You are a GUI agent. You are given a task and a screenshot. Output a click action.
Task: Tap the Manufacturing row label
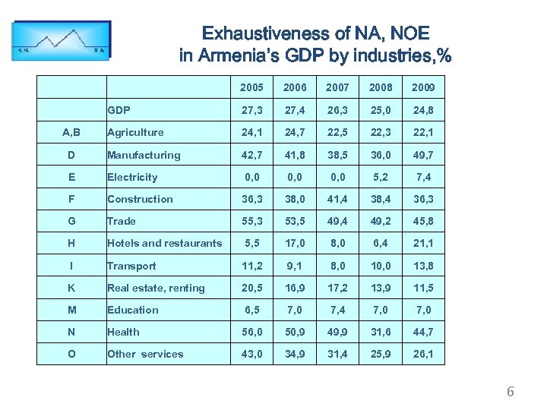[144, 155]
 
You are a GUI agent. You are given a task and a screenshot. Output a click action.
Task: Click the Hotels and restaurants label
[165, 244]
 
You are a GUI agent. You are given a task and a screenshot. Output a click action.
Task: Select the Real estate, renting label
[156, 288]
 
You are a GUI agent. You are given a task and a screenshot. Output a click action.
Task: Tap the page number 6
[510, 392]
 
